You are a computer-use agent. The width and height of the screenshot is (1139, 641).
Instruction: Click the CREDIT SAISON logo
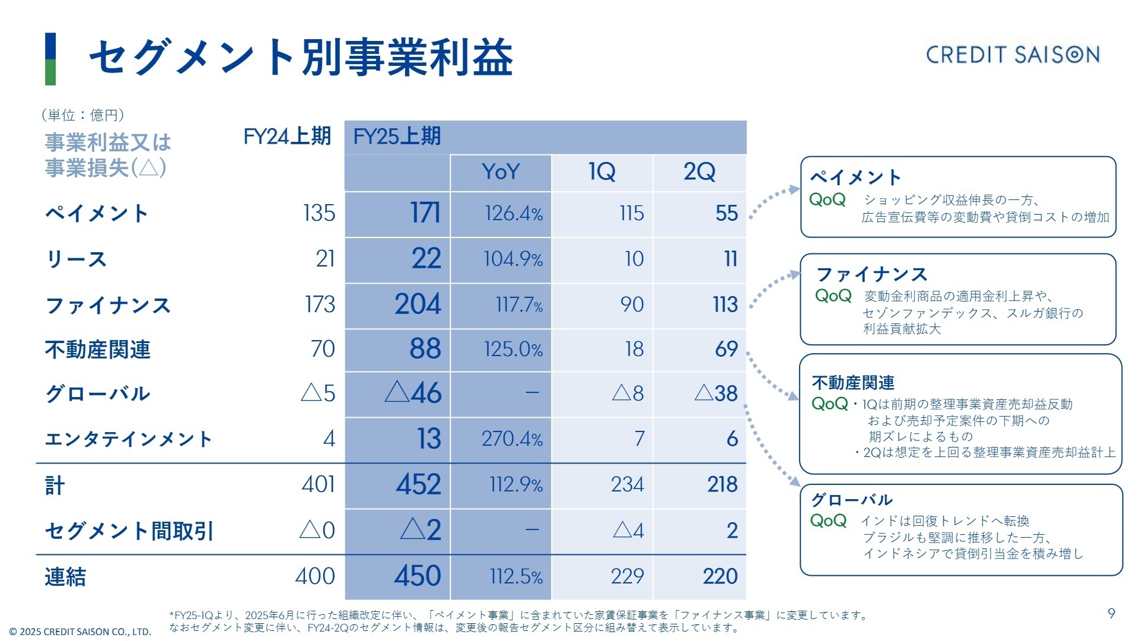[x=1012, y=55]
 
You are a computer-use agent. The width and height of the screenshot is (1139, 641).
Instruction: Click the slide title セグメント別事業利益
[x=301, y=58]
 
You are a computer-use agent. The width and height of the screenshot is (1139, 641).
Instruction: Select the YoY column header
[x=501, y=172]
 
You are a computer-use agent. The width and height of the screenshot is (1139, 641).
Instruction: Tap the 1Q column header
[x=602, y=172]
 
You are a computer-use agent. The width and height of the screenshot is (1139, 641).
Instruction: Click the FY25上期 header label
[x=397, y=137]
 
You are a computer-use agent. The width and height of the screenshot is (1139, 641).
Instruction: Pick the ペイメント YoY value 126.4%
[x=513, y=214]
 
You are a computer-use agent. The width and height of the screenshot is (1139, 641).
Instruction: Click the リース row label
[x=76, y=259]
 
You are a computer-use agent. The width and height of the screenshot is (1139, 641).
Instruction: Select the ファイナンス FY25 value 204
[x=418, y=304]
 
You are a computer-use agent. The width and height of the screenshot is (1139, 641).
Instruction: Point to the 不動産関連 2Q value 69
[x=726, y=349]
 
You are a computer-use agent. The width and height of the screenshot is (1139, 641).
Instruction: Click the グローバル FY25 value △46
[x=413, y=393]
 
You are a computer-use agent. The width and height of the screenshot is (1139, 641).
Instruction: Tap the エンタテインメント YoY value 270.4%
[x=511, y=439]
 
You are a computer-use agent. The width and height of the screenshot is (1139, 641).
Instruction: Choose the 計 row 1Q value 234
[x=627, y=485]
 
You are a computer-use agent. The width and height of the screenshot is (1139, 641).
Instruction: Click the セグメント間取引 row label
[x=129, y=531]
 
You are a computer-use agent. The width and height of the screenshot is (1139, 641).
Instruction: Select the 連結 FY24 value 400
[x=315, y=576]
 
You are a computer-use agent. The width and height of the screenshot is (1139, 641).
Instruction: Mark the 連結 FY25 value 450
[x=418, y=576]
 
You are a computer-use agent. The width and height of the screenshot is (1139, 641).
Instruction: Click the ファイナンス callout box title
[x=871, y=274]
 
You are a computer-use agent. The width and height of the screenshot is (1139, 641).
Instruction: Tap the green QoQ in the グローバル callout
[x=828, y=521]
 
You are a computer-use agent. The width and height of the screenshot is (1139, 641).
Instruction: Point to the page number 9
[x=1111, y=614]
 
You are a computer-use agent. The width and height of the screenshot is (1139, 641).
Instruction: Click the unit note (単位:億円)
[x=82, y=115]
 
